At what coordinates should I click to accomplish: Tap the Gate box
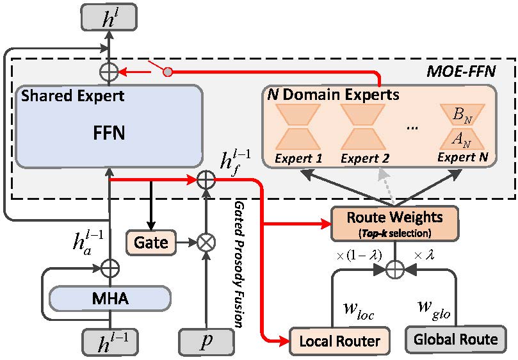tap(151, 242)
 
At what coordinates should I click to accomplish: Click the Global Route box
tap(456, 339)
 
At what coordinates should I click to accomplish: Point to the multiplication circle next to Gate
tap(206, 242)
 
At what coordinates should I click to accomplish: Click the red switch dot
tap(168, 72)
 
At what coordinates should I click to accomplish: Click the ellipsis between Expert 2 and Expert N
tap(414, 127)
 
